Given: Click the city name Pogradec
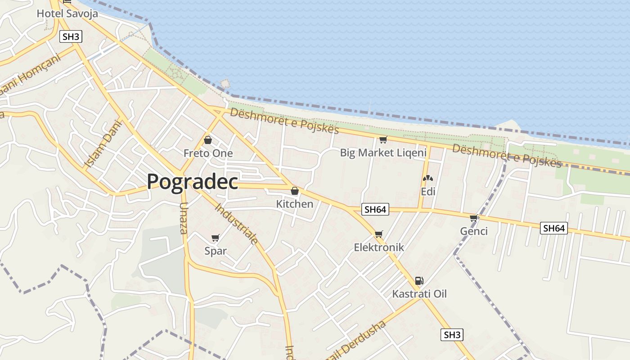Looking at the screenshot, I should coord(192,181).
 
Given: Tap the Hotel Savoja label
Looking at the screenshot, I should coord(67,13).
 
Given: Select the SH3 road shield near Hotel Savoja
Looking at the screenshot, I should coord(71,36).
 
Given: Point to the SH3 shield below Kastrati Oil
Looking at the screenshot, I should coord(452,335).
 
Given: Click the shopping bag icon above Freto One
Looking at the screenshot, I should coord(208,140).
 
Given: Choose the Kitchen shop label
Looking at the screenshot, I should coord(294,204).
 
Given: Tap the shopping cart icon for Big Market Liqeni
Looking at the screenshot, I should coord(383,139).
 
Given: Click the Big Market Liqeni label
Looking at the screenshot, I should coord(383,153).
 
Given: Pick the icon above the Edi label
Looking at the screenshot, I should coord(427,178).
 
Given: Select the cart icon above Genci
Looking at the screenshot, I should coord(473,218).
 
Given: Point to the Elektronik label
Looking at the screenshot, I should coord(379,247).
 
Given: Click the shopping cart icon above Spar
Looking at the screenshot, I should coord(216,238).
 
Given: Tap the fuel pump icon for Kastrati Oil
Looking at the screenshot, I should coord(419,281).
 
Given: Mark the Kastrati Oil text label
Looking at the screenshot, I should coord(419,294).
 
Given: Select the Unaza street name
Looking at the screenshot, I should coord(183,218).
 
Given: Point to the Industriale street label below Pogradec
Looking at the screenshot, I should coord(237,224).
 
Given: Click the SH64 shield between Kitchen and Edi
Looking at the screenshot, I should coord(375,209).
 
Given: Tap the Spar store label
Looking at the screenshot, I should coord(216,251).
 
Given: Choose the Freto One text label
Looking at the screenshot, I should coord(208,153).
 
